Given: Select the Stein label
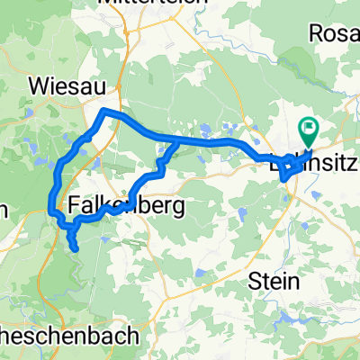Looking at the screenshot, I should (274, 281).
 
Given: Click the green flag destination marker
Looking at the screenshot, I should (310, 133).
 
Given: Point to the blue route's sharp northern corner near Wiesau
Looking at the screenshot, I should (105, 111).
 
